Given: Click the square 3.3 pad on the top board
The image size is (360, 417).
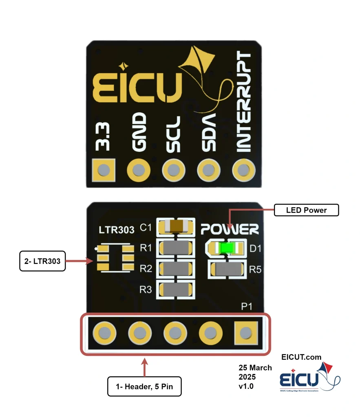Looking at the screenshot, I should coord(104,169).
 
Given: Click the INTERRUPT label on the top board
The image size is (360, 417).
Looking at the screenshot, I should coord(244,102).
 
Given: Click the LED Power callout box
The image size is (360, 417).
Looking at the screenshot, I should coord(306,210).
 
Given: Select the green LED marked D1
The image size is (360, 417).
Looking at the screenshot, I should coord(225,248).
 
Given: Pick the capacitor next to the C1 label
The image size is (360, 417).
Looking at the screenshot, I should coord(177,226).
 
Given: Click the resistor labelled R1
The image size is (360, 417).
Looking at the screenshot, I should coord(177,248).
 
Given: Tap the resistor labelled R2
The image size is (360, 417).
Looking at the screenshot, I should coord(177,269).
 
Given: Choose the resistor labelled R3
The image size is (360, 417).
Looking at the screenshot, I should coord(177,290).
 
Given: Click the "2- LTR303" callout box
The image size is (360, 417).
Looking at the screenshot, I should coord(42,261).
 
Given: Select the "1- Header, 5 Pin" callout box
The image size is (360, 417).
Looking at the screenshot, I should coord(144,386).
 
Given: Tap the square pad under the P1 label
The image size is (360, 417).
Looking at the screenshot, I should coord(245,334).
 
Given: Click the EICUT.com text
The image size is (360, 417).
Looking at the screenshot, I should coord(301,357).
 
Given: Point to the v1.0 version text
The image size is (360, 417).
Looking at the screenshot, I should coord(246,386).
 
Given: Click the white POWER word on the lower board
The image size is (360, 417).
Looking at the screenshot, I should coord(230,229).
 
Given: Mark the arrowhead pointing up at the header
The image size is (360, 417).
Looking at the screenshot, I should coord(144,361).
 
